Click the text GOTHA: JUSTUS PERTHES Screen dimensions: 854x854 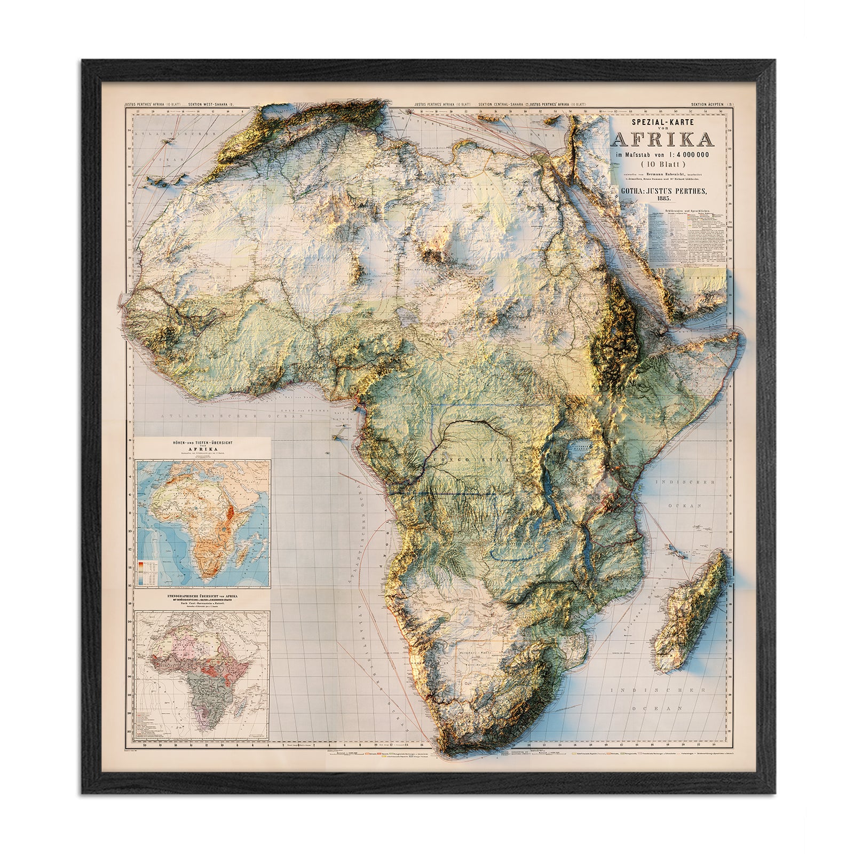pyautogui.click(x=664, y=189)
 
